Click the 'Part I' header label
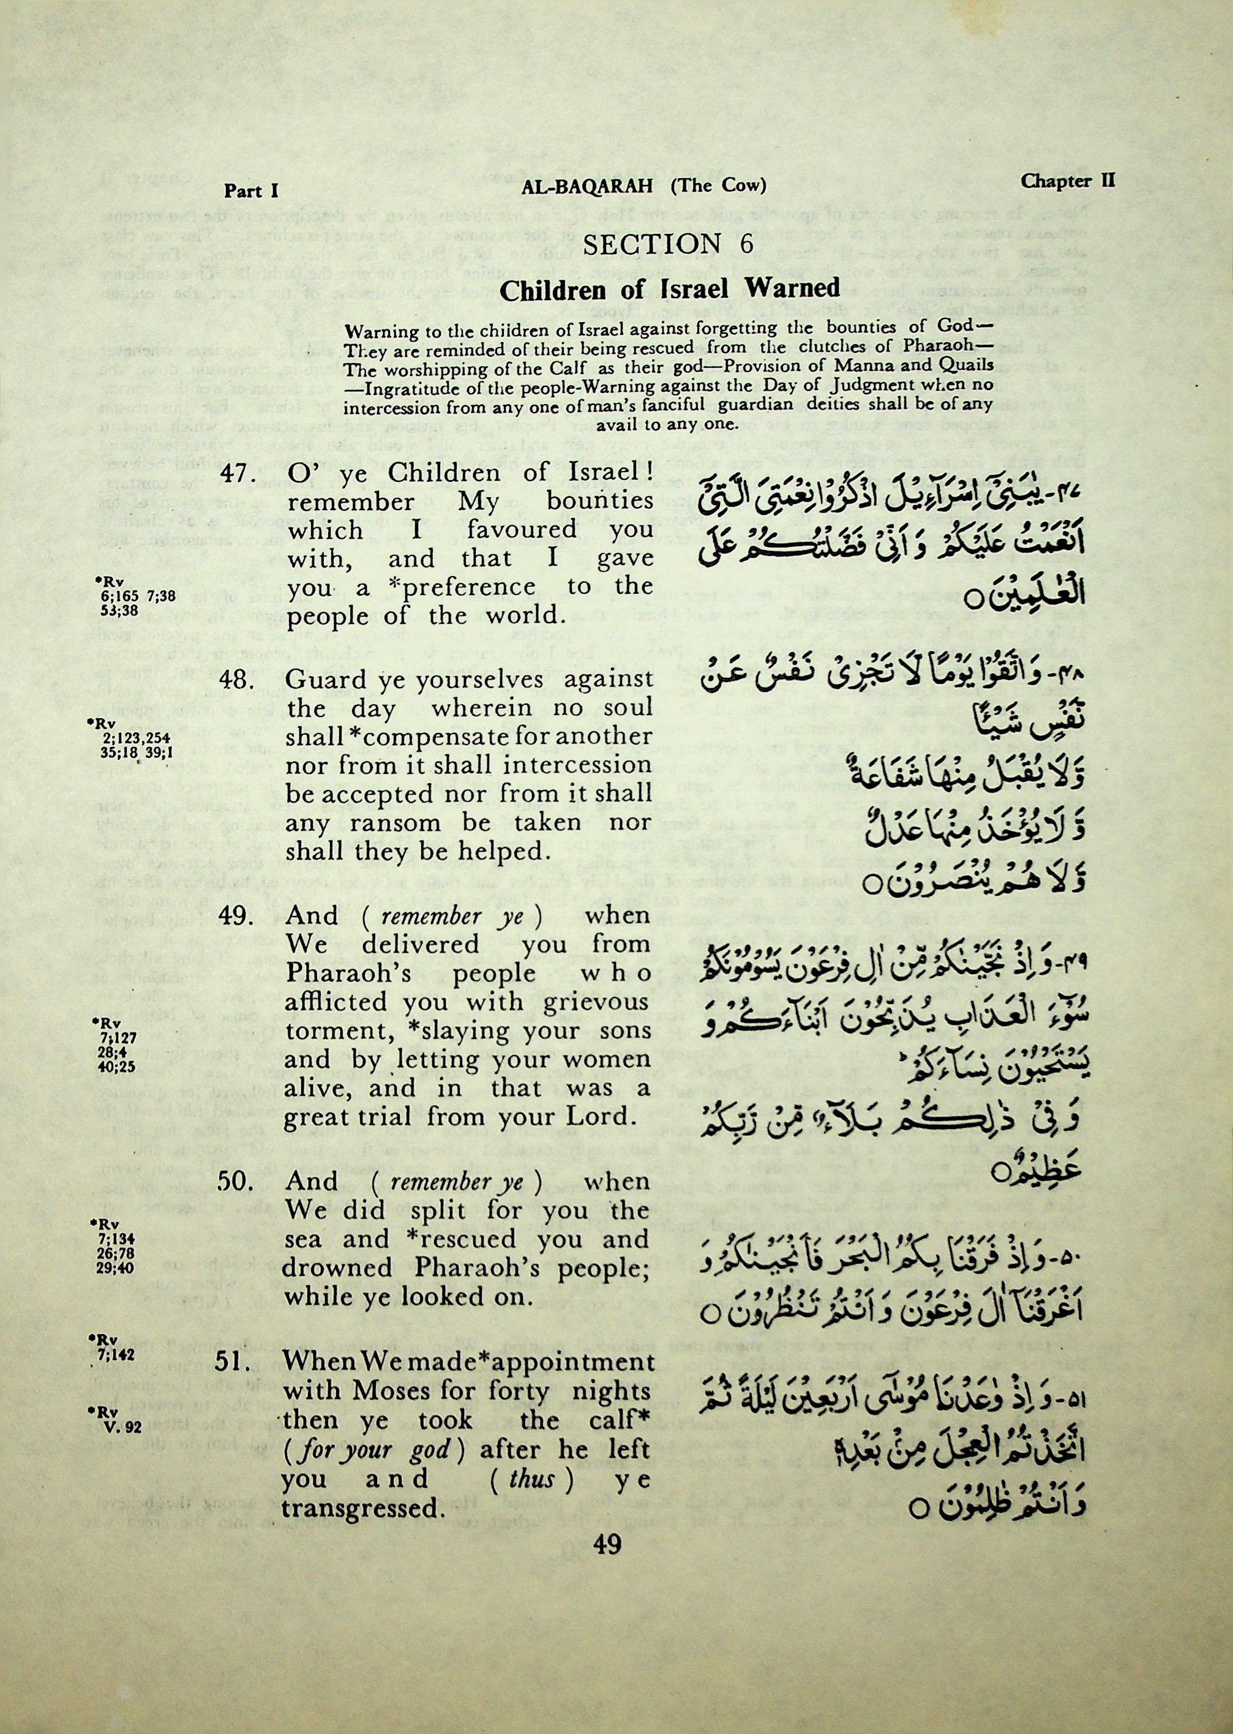(251, 190)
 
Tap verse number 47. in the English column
(234, 473)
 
